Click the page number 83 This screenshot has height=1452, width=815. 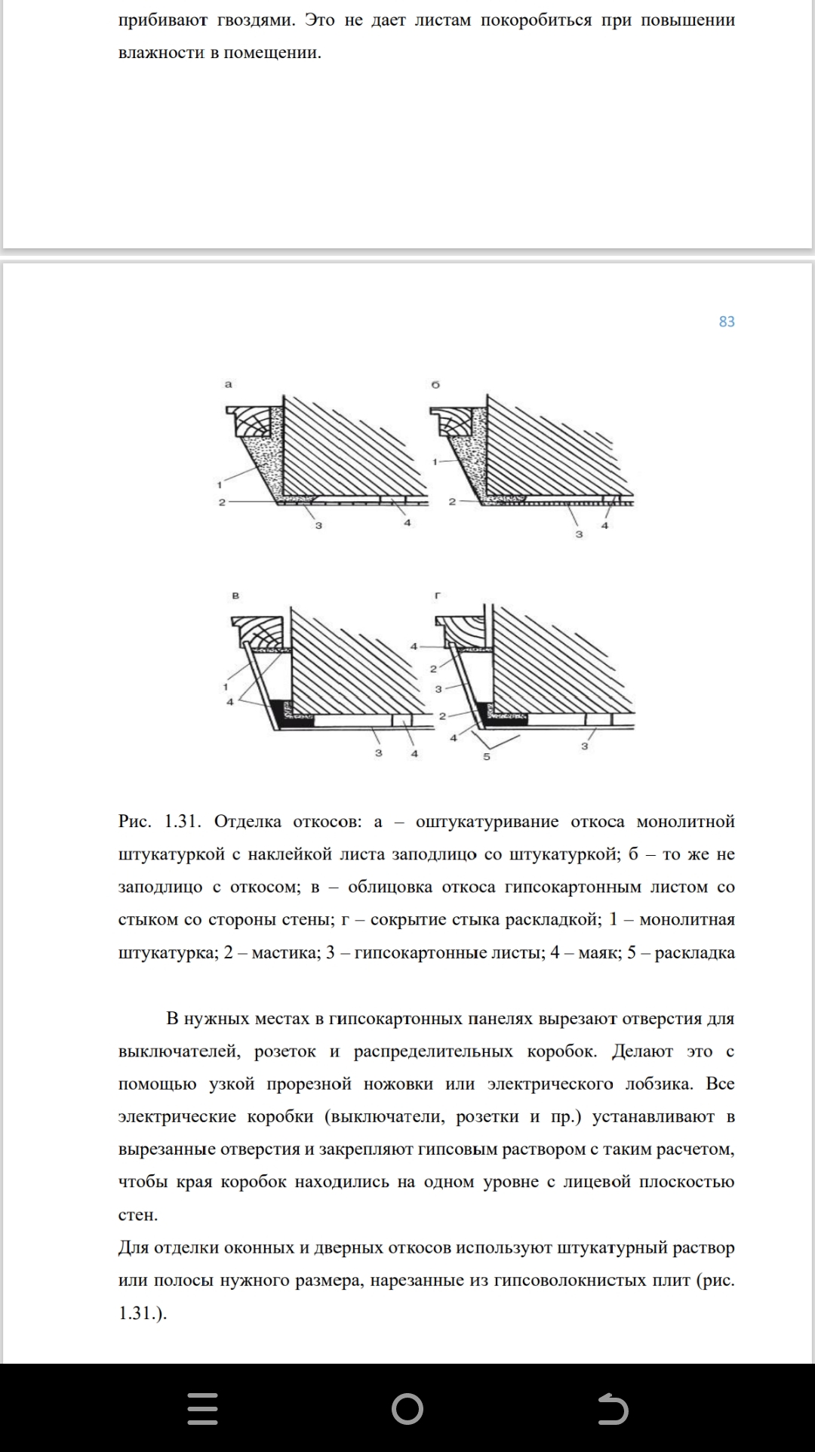coord(726,321)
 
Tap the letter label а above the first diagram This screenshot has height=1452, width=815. coord(229,384)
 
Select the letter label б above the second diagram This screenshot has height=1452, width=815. coord(435,384)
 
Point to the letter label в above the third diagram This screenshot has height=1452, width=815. coord(235,595)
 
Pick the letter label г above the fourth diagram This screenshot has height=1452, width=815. coord(438,595)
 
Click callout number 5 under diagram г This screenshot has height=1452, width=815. coord(487,755)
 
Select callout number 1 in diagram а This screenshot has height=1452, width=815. coord(220,485)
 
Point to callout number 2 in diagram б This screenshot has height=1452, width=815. coord(452,501)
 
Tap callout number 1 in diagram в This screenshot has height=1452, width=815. coord(226,687)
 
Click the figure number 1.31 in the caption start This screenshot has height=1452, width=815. coord(181,821)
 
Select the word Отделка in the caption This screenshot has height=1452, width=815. coord(248,821)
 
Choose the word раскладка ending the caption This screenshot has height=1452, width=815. coord(694,952)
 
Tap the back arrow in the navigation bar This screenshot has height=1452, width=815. coord(612,1409)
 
